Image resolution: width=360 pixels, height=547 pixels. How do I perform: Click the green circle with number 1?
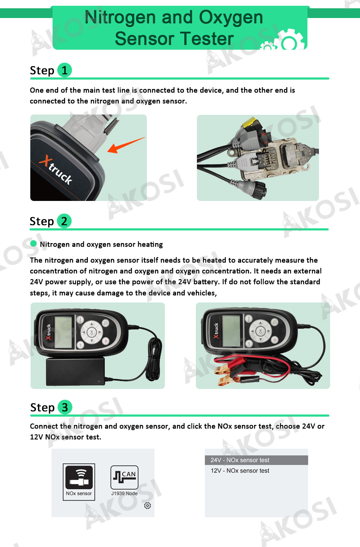click(65, 70)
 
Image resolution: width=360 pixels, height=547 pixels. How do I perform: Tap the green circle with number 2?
click(64, 221)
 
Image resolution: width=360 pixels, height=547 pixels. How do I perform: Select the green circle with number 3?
click(65, 407)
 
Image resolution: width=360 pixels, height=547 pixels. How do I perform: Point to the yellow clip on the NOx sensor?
click(249, 123)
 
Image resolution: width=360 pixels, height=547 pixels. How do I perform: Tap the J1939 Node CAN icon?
click(124, 477)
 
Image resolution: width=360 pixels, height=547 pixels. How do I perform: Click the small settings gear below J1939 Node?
click(147, 506)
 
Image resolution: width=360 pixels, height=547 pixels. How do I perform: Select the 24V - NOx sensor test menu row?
click(256, 460)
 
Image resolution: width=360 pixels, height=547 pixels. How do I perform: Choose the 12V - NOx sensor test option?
click(240, 471)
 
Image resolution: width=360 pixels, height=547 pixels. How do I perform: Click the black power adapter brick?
click(75, 371)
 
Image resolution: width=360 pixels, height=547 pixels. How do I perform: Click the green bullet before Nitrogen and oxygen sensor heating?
click(33, 244)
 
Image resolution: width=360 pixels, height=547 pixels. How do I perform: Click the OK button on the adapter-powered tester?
click(91, 332)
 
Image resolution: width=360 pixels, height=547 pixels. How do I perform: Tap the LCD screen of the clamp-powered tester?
click(231, 331)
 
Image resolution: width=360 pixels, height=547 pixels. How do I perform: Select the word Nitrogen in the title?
click(120, 17)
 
